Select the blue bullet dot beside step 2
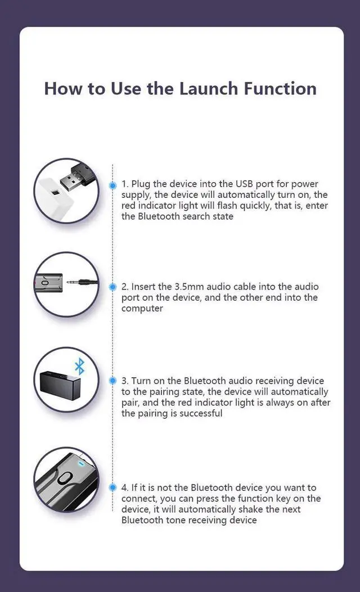(112, 286)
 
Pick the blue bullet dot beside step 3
(112, 381)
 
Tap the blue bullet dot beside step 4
(112, 487)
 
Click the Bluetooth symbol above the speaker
(80, 367)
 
